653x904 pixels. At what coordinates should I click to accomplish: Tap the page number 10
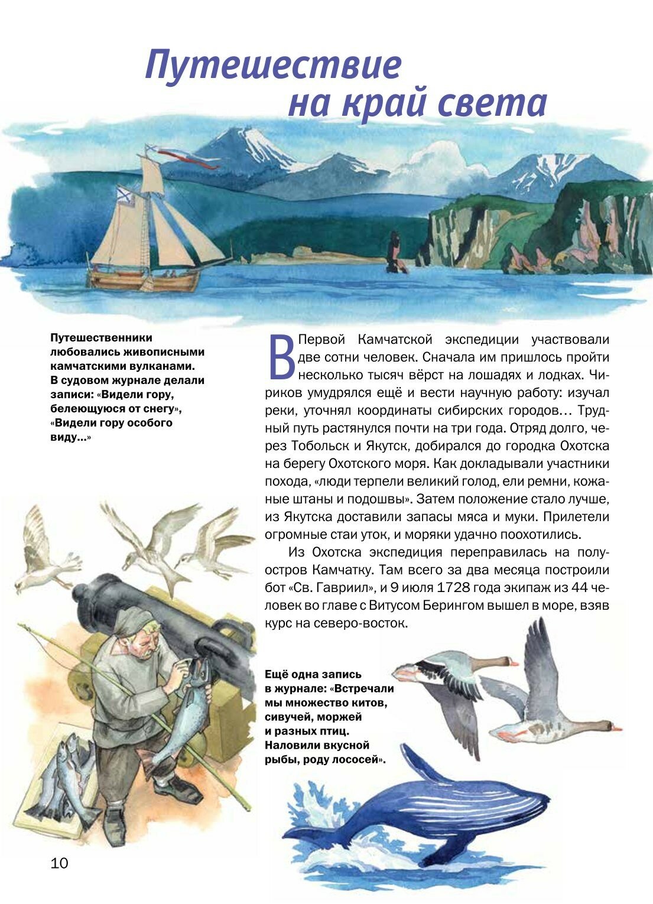(x=60, y=863)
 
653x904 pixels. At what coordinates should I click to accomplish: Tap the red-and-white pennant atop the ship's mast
(x=177, y=155)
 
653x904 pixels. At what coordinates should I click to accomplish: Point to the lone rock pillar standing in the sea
(x=393, y=252)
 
